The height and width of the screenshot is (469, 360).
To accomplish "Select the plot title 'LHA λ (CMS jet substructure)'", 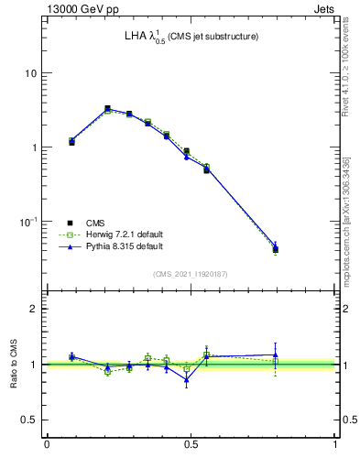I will tap(191, 37).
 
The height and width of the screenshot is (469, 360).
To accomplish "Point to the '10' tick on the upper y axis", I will tap(30, 73).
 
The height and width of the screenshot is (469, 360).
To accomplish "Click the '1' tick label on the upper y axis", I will tap(33, 147).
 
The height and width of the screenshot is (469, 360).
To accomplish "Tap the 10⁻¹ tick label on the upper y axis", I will tap(27, 222).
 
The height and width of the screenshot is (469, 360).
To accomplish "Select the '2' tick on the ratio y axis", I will tap(33, 309).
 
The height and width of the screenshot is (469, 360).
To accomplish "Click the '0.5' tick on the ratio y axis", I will tap(27, 420).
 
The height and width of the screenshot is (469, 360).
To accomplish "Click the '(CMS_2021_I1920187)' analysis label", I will tap(191, 273).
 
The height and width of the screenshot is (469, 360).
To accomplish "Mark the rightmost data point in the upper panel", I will tap(275, 248).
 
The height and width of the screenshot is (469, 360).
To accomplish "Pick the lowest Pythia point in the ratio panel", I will tap(186, 379).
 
